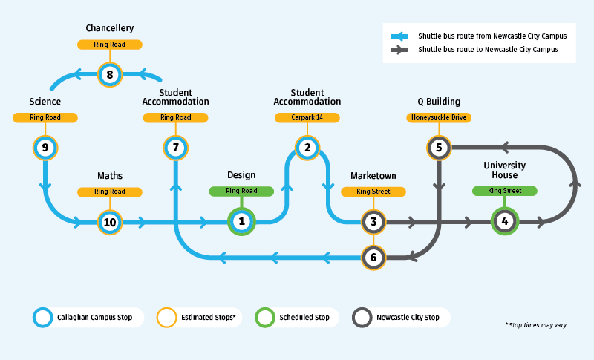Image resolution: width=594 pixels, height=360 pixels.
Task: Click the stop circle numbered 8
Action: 110,74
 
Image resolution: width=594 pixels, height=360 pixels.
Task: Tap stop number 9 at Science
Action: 45,148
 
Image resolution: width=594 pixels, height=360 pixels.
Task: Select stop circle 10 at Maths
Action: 110,221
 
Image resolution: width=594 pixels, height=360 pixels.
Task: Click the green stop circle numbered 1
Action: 241,221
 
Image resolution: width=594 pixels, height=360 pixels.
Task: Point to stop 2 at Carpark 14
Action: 307,148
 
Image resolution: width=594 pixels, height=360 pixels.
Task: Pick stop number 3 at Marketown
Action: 373,221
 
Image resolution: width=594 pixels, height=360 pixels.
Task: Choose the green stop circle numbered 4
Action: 505,221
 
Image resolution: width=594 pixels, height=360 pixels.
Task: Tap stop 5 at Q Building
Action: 439,148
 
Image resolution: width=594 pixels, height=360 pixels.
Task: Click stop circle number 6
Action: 373,258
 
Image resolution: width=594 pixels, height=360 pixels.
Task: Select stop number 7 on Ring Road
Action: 176,148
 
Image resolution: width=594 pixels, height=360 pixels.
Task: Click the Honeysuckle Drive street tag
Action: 439,117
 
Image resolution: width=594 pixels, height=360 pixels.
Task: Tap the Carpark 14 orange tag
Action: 307,117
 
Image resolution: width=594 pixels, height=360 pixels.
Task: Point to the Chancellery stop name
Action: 110,28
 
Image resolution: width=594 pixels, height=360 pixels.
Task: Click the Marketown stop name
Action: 373,176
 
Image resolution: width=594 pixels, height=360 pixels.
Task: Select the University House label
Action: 505,169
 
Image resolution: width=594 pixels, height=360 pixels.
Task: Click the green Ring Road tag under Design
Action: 241,191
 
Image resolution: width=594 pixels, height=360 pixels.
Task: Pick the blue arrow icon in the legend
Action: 400,36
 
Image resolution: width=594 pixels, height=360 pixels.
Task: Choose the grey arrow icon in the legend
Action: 400,50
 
